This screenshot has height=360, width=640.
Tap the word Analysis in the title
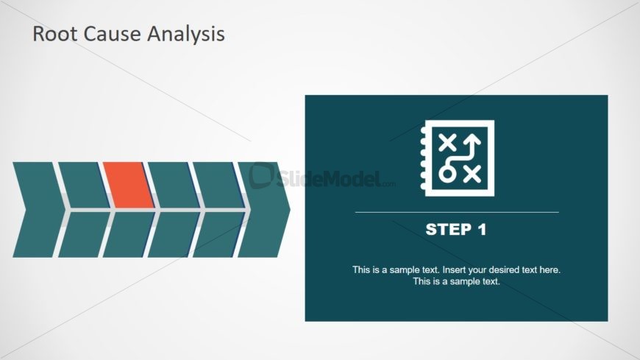point(185,34)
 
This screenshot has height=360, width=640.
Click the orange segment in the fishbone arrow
point(129,185)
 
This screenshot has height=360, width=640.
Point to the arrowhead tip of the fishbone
point(290,210)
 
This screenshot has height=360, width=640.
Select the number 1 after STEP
point(482,230)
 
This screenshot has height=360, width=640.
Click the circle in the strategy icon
point(447,174)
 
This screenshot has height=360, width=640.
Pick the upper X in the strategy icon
point(447,143)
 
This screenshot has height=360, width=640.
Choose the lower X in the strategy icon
point(472,174)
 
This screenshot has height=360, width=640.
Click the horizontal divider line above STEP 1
point(457,213)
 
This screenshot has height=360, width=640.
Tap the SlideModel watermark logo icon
point(262,176)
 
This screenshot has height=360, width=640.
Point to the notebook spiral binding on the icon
point(423,158)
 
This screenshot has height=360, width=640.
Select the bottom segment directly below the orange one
point(129,235)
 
